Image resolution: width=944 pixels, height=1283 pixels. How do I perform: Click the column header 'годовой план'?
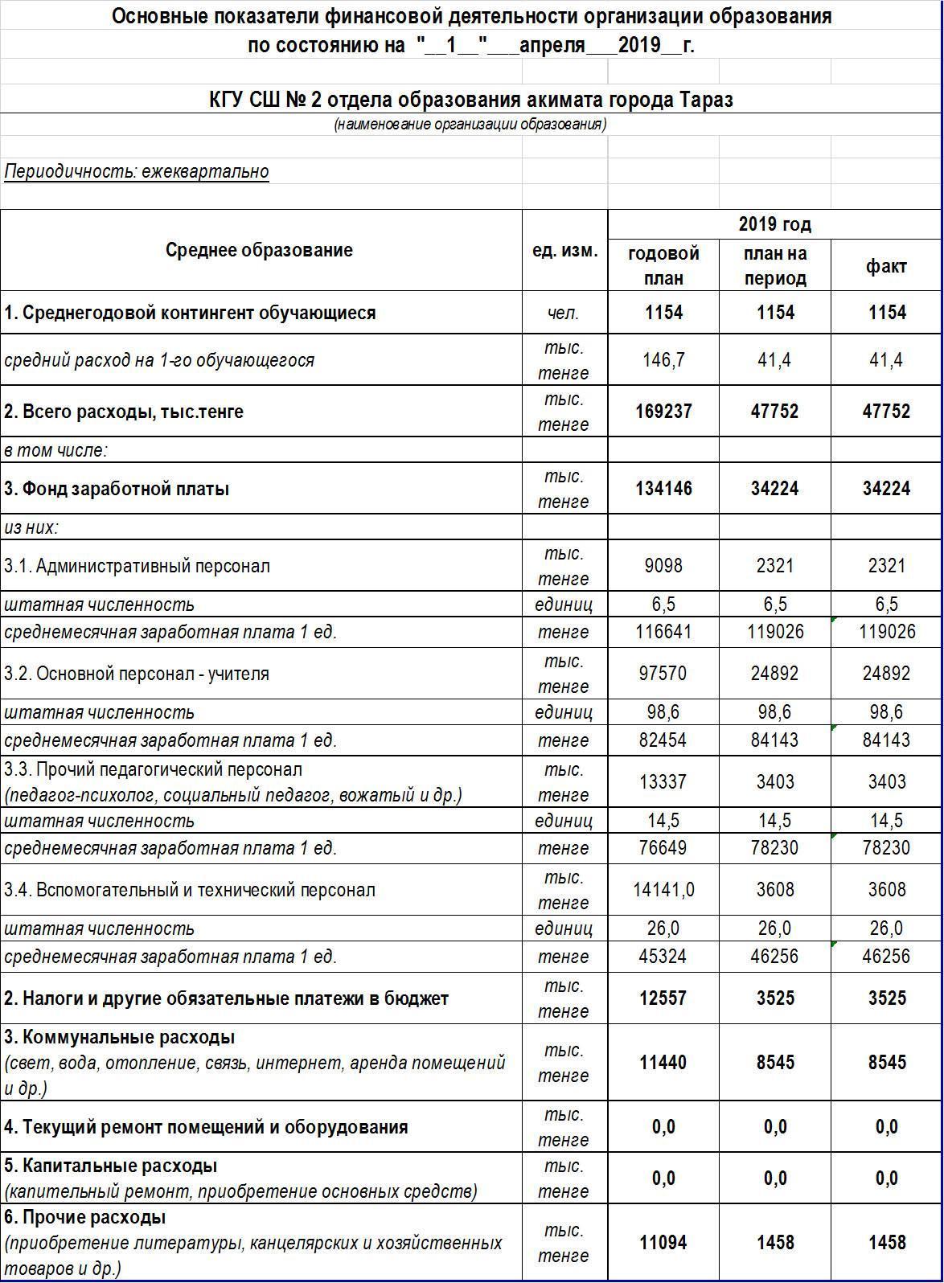(663, 266)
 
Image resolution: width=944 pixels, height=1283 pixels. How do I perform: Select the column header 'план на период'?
(774, 266)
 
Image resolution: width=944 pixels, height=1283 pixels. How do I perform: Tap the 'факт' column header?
(886, 266)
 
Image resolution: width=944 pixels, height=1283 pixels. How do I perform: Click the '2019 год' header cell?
(774, 224)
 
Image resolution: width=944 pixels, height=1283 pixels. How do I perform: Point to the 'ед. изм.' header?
(564, 250)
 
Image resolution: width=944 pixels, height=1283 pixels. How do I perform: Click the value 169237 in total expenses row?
(663, 412)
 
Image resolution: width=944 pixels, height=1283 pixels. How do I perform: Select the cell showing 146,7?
(663, 360)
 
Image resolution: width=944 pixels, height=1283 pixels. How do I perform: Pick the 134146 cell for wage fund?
(663, 489)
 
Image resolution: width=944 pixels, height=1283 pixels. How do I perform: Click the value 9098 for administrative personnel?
(663, 566)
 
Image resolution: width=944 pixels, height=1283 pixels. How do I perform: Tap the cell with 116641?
(663, 632)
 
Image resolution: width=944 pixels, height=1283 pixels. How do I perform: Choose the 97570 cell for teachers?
(663, 674)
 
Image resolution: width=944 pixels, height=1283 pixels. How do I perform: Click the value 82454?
(663, 740)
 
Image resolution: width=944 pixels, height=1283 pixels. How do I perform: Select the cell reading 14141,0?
(663, 890)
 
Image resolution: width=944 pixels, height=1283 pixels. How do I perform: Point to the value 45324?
(663, 957)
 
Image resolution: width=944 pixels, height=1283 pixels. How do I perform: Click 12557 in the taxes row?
(663, 998)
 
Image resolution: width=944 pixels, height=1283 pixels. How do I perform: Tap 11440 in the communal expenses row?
(663, 1063)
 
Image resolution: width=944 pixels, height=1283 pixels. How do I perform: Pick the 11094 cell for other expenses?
(663, 1243)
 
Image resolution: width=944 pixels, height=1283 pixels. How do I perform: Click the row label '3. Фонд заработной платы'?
(117, 489)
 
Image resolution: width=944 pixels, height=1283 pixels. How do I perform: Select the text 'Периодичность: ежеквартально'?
(137, 171)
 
